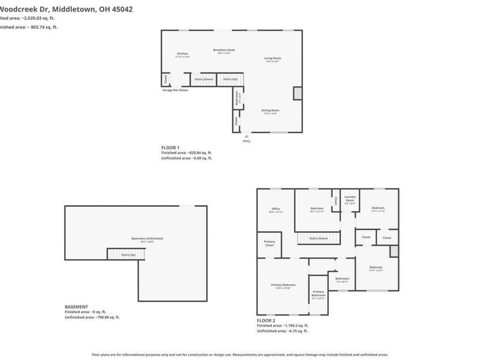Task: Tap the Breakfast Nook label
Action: click(224, 51)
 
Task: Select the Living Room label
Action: click(273, 59)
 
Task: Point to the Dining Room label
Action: click(270, 111)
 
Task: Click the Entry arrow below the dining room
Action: click(246, 137)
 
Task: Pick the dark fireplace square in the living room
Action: click(297, 93)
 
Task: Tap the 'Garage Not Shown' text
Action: click(175, 90)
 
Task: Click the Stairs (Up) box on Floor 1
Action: click(230, 79)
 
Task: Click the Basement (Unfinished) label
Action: click(147, 239)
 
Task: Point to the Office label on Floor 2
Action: click(275, 209)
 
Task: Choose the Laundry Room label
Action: click(350, 199)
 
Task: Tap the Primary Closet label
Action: click(269, 244)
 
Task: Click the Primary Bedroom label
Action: click(283, 285)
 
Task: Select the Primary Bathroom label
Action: click(318, 294)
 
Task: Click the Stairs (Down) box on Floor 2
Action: click(318, 238)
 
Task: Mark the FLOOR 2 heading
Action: click(265, 320)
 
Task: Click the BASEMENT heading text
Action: click(76, 307)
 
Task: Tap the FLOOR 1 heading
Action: click(170, 148)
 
